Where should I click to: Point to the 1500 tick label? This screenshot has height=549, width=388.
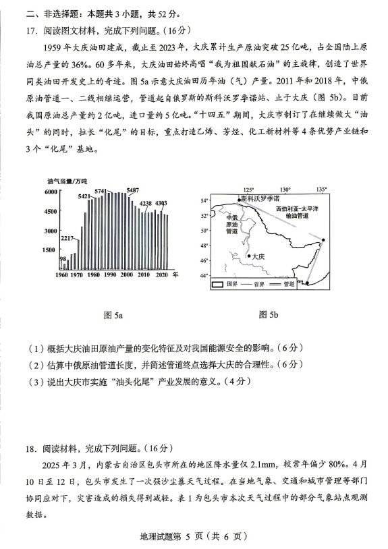49,250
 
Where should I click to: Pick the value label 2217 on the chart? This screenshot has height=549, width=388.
67,238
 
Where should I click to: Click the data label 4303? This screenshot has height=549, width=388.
161,203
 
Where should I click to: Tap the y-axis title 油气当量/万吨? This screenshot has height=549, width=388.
67,181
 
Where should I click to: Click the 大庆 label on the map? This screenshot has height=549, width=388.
257,256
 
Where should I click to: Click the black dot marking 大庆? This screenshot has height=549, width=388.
247,256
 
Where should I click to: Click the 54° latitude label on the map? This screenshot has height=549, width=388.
204,200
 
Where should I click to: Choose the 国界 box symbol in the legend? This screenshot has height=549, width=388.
217,285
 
